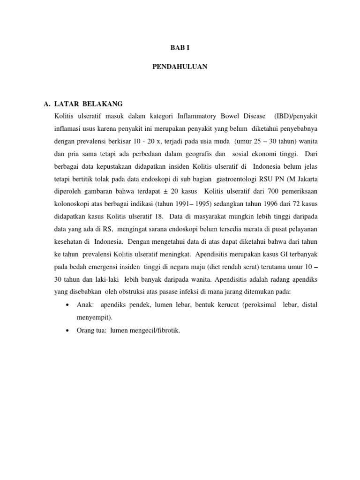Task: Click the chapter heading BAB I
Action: tap(180, 47)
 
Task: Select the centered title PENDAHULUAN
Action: tap(180, 67)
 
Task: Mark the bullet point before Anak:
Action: tap(68, 305)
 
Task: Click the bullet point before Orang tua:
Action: tap(68, 330)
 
